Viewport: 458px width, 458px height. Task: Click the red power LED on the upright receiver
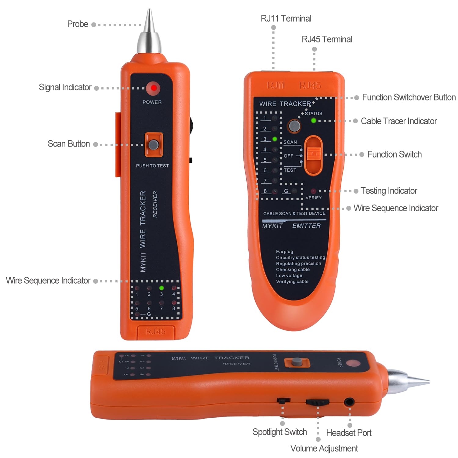click(x=153, y=88)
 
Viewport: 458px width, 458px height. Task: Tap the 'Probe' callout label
click(x=78, y=24)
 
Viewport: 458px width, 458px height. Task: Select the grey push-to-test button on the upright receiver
click(x=154, y=145)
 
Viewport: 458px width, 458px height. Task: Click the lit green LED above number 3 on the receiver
click(x=162, y=288)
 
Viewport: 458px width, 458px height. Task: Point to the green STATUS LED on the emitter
click(x=313, y=121)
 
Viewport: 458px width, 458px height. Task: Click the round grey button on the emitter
click(x=294, y=126)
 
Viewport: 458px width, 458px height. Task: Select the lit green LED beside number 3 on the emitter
click(x=275, y=139)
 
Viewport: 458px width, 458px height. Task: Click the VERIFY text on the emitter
click(x=313, y=198)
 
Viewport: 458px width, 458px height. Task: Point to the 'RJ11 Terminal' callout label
click(x=286, y=19)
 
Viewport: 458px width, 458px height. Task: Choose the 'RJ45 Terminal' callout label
click(x=327, y=39)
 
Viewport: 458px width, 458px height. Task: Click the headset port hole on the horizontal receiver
click(x=349, y=402)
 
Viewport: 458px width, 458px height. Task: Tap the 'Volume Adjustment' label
click(x=324, y=449)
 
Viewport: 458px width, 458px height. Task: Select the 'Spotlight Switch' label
click(x=279, y=432)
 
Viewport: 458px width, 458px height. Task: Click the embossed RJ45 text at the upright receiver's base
click(x=156, y=332)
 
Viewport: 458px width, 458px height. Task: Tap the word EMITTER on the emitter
click(x=306, y=226)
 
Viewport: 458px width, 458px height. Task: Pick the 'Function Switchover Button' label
click(x=409, y=97)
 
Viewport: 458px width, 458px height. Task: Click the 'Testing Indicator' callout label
click(x=389, y=191)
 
